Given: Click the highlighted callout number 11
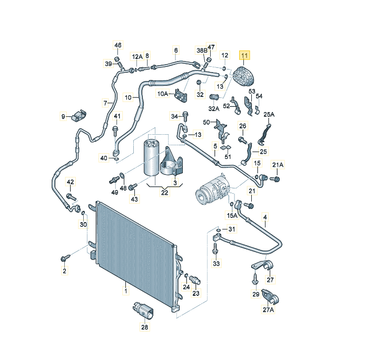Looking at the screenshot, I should pos(245,55).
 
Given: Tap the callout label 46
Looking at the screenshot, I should pos(117,45).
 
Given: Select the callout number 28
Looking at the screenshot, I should pos(145,327).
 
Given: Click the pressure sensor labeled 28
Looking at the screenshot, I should pos(144,310).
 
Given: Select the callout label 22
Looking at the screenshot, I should pos(164,193).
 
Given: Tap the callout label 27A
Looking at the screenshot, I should pos(268,311).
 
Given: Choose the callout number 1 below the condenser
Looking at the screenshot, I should pos(126,290).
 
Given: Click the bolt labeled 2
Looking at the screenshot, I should pos(65,258).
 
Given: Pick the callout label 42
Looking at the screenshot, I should pos(70,182).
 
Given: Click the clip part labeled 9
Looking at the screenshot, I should pos(80,114).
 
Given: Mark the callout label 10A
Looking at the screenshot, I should pos(163,94).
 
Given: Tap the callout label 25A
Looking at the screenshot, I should pos(269,114).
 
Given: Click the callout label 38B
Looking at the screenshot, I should pos(202,51).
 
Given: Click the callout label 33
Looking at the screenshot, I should pos(216,263).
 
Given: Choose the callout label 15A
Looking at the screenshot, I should pos(232,215).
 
